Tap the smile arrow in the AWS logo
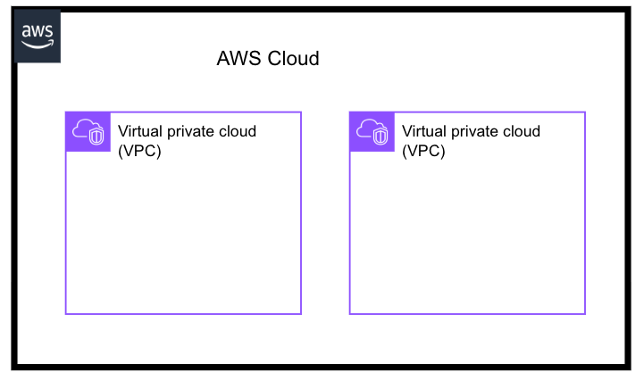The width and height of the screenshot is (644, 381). (x=39, y=43)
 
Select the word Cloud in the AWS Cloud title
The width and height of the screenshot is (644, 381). (x=293, y=60)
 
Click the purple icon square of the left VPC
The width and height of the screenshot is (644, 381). (x=88, y=132)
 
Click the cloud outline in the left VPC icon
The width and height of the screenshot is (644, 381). (x=83, y=128)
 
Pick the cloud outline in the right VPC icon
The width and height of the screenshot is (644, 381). (x=367, y=128)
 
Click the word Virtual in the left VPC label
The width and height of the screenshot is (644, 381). (x=141, y=131)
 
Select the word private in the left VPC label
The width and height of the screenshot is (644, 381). (x=193, y=132)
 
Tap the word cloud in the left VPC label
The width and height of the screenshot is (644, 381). (x=238, y=131)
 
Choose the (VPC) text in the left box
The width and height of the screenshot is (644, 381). (x=139, y=151)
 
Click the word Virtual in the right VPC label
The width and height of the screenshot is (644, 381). (x=425, y=131)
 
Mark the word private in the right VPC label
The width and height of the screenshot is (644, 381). (x=477, y=132)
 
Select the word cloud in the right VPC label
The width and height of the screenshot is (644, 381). (x=522, y=131)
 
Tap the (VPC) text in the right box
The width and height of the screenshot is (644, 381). (x=423, y=151)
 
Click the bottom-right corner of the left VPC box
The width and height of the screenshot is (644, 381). (x=301, y=314)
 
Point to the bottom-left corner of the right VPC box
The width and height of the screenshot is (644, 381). (x=350, y=314)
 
